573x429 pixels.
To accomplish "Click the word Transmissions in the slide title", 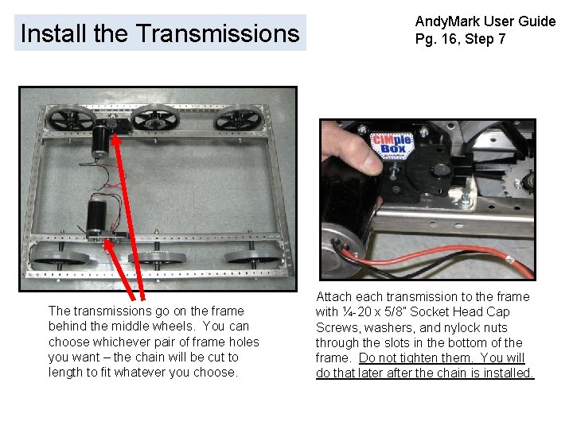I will coord(217,33).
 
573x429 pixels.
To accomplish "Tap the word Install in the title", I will coord(53,33).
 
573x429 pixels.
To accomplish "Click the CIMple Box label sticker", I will coord(390,148).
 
